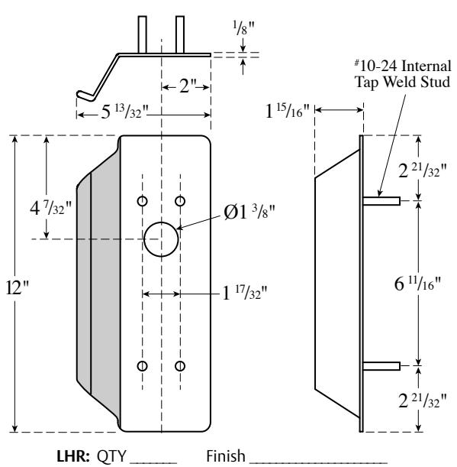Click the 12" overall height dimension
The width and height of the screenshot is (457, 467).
pos(18,287)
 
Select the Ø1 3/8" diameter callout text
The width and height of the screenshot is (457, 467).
pos(249,212)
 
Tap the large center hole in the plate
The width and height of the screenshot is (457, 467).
pos(161,239)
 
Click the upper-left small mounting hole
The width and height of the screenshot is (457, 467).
pos(143,201)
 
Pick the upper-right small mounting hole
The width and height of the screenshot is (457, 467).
pos(180,201)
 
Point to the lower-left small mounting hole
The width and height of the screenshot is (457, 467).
pos(143,366)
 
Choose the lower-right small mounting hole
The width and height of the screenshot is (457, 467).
pos(180,366)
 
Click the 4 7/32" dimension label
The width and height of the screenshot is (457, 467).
pos(51,208)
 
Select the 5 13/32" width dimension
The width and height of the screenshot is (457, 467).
pos(124,112)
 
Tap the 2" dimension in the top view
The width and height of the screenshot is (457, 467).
pos(188,86)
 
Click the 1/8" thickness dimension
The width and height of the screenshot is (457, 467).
pos(244,28)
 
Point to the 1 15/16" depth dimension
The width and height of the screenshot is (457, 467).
pos(288,112)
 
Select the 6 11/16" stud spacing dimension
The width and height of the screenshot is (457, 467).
pos(417,284)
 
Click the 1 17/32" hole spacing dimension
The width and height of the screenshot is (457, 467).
pos(244,293)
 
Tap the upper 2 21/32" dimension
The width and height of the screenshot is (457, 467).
pos(423,171)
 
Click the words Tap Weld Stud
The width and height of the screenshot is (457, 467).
pos(402,82)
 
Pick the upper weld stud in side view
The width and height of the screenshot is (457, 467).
pos(381,201)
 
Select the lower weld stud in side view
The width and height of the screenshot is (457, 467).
pos(381,366)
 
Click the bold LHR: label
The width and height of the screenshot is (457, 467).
pos(73,456)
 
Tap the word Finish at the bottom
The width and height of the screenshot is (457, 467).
pos(226,456)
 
